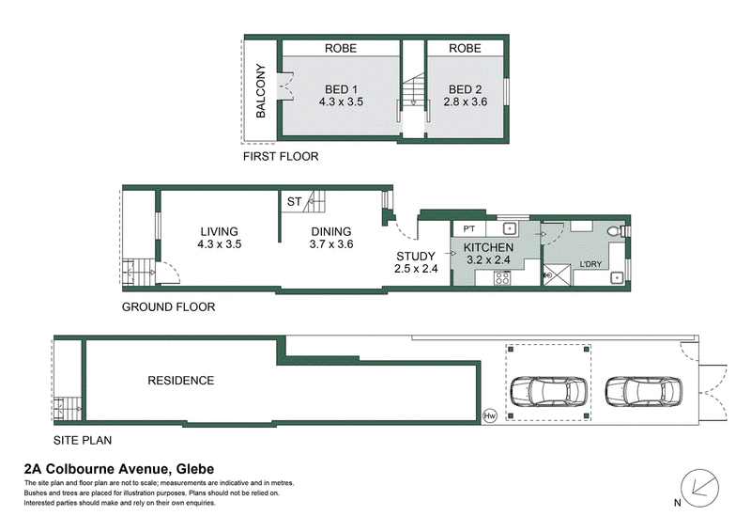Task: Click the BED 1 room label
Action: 341,89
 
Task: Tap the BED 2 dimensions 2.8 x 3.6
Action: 465,102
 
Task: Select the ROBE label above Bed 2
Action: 465,48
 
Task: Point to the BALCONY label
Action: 261,90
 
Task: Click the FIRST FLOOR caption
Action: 281,156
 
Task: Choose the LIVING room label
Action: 220,231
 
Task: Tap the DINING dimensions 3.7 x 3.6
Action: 331,244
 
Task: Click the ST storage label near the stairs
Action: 294,201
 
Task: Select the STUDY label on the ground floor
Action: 416,257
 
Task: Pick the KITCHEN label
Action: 488,247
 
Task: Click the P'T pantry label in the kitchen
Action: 468,228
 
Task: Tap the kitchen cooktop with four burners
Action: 502,278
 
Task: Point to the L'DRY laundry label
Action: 590,264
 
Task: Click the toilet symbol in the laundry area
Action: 616,231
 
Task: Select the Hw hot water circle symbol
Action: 489,415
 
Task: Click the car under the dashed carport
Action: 549,391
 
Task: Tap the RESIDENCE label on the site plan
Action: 180,381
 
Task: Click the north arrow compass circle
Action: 699,488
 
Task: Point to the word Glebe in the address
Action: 195,469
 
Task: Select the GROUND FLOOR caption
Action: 169,307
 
